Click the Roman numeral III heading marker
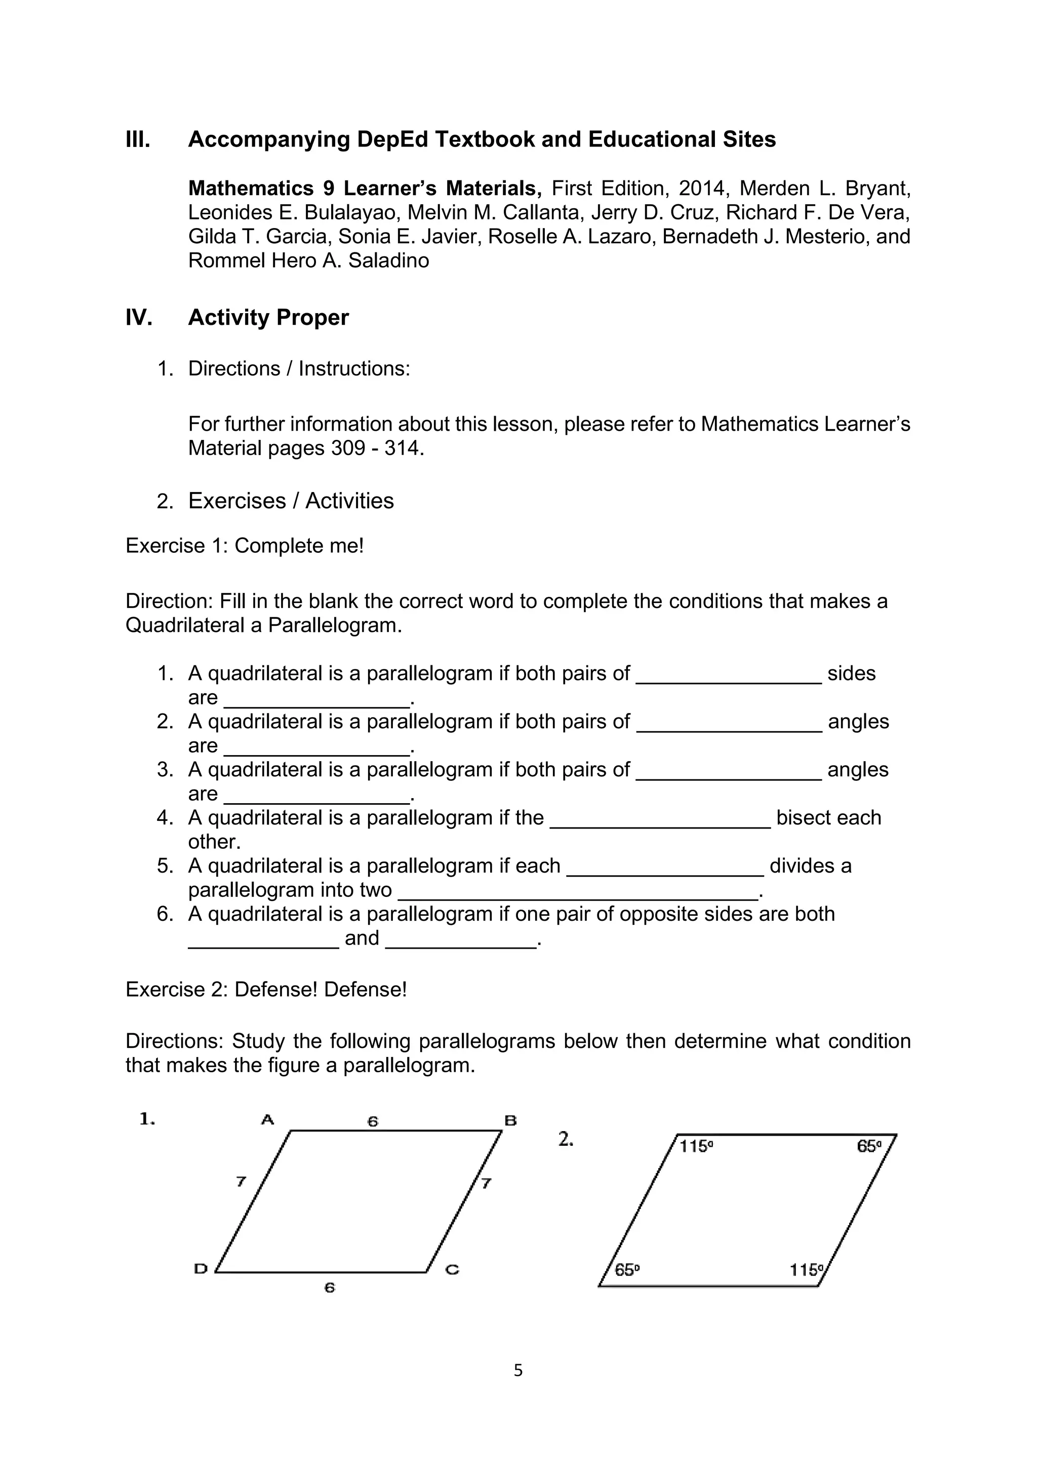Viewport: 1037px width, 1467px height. tap(138, 139)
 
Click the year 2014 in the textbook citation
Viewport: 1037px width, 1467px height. tap(702, 189)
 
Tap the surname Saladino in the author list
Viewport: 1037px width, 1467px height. tap(388, 260)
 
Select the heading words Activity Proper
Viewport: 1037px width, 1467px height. tap(268, 318)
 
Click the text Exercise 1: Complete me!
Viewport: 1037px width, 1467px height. tap(245, 546)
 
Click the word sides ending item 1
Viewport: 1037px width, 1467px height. tap(851, 673)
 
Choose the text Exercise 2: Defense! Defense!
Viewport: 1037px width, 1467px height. tap(266, 990)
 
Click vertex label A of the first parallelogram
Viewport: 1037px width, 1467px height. tap(267, 1119)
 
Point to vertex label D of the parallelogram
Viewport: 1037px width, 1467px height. tap(201, 1269)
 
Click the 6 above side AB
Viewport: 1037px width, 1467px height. tap(373, 1121)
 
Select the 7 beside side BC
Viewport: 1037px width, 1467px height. tap(487, 1183)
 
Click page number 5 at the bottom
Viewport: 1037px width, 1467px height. tap(518, 1371)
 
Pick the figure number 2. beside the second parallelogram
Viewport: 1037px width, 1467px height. tap(566, 1139)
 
